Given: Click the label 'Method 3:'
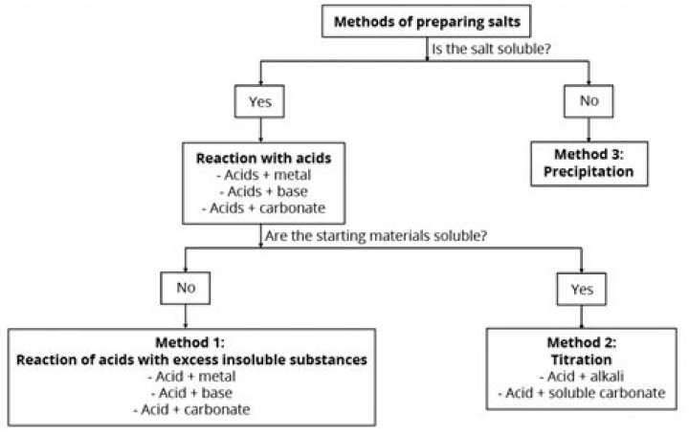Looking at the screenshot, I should [x=589, y=157].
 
